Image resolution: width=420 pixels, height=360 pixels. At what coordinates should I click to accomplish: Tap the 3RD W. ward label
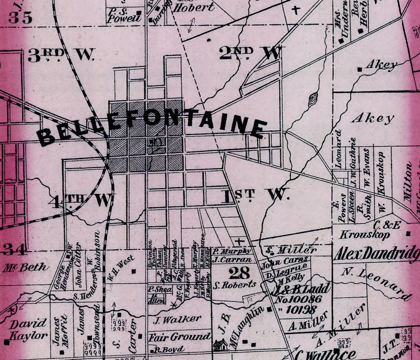click(x=61, y=55)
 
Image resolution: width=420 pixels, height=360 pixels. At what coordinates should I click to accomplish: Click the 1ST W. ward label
click(x=255, y=195)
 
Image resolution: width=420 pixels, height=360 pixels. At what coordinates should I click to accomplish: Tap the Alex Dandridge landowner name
click(x=376, y=254)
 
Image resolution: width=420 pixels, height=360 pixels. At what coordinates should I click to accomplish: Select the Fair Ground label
click(x=179, y=336)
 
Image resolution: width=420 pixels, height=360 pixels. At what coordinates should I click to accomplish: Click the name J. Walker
click(x=174, y=318)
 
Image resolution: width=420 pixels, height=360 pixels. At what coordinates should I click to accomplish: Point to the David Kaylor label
click(x=28, y=330)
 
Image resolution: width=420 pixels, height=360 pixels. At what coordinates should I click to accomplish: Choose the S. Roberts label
click(x=235, y=285)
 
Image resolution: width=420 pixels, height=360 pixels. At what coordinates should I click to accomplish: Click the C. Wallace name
click(x=325, y=354)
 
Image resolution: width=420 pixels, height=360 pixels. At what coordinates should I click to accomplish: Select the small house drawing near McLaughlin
click(x=220, y=344)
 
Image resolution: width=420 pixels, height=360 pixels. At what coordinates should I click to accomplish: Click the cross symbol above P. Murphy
click(x=239, y=241)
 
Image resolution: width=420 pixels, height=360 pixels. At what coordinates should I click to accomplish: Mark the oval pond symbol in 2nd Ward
click(x=313, y=99)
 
